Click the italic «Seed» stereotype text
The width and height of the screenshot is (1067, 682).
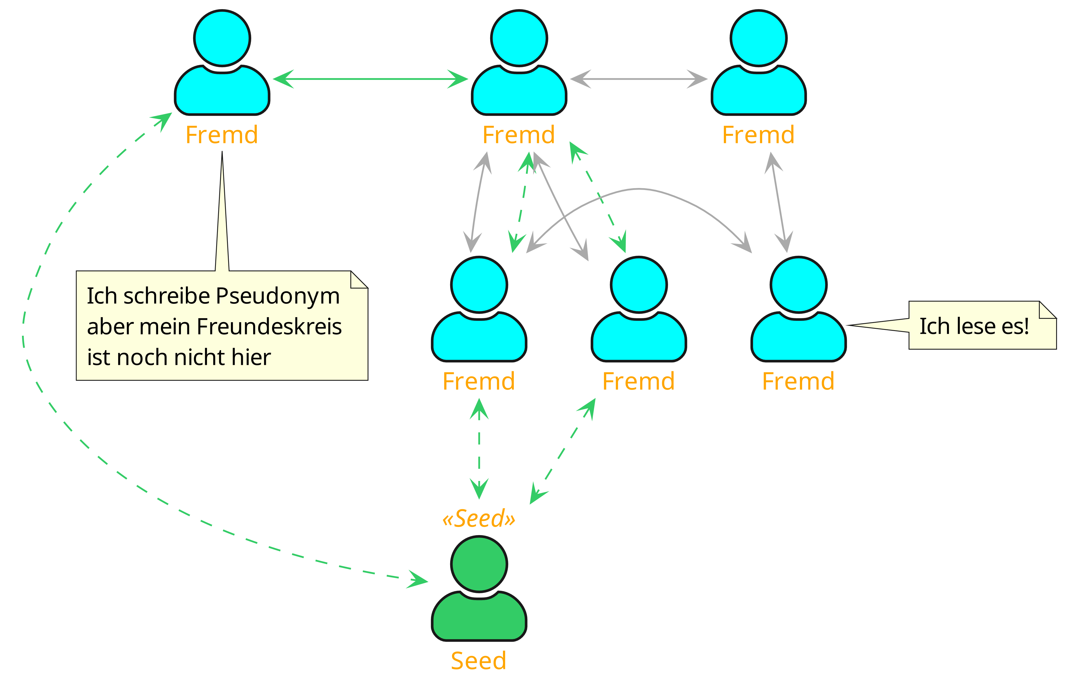(x=479, y=519)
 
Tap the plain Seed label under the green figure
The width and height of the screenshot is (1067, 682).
(x=478, y=661)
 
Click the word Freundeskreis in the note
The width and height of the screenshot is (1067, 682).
(x=269, y=327)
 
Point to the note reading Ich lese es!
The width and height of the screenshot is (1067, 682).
(x=974, y=326)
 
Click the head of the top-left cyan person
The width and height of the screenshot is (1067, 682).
(x=222, y=38)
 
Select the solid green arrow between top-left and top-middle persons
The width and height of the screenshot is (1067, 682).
(x=370, y=79)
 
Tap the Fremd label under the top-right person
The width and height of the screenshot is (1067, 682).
(x=758, y=135)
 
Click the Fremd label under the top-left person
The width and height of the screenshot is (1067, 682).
(x=221, y=135)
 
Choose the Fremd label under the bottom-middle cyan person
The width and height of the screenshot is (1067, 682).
(x=639, y=381)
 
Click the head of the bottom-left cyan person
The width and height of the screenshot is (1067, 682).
(x=479, y=285)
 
